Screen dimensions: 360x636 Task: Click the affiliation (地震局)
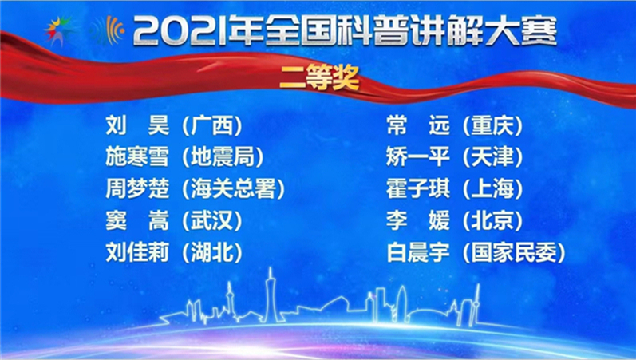(223, 157)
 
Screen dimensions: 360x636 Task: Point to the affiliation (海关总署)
(233, 189)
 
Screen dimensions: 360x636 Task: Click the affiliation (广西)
(211, 125)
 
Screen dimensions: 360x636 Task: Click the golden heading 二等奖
(318, 79)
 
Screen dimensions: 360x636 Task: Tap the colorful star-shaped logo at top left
(61, 31)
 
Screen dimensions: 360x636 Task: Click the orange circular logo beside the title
(109, 31)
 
